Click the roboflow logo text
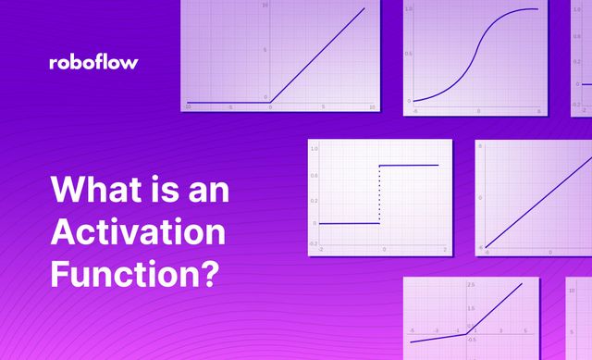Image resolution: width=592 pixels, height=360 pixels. coord(93,63)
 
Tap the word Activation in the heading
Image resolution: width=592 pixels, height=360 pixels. coord(137,232)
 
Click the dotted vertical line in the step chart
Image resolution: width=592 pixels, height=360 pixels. coord(380,195)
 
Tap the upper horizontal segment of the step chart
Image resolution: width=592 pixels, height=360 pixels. coord(410,166)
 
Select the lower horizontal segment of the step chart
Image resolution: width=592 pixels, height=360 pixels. coord(348,223)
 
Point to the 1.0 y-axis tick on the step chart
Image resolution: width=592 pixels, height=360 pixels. coord(314,148)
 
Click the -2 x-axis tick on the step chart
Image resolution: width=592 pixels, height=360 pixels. coord(321,250)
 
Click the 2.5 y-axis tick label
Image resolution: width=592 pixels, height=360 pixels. coord(471,284)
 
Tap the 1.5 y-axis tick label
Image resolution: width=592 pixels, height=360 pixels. coord(471,308)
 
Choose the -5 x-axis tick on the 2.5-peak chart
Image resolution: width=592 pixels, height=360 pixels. coord(412,330)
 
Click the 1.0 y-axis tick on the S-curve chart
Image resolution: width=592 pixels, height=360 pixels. coord(409,8)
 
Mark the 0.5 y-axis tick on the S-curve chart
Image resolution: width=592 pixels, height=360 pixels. coord(409,54)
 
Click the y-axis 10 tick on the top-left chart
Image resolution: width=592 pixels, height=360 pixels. coord(265,6)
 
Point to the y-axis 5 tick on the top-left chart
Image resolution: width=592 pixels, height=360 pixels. coord(266,51)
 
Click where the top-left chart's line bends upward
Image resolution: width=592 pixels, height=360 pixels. coord(272,102)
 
